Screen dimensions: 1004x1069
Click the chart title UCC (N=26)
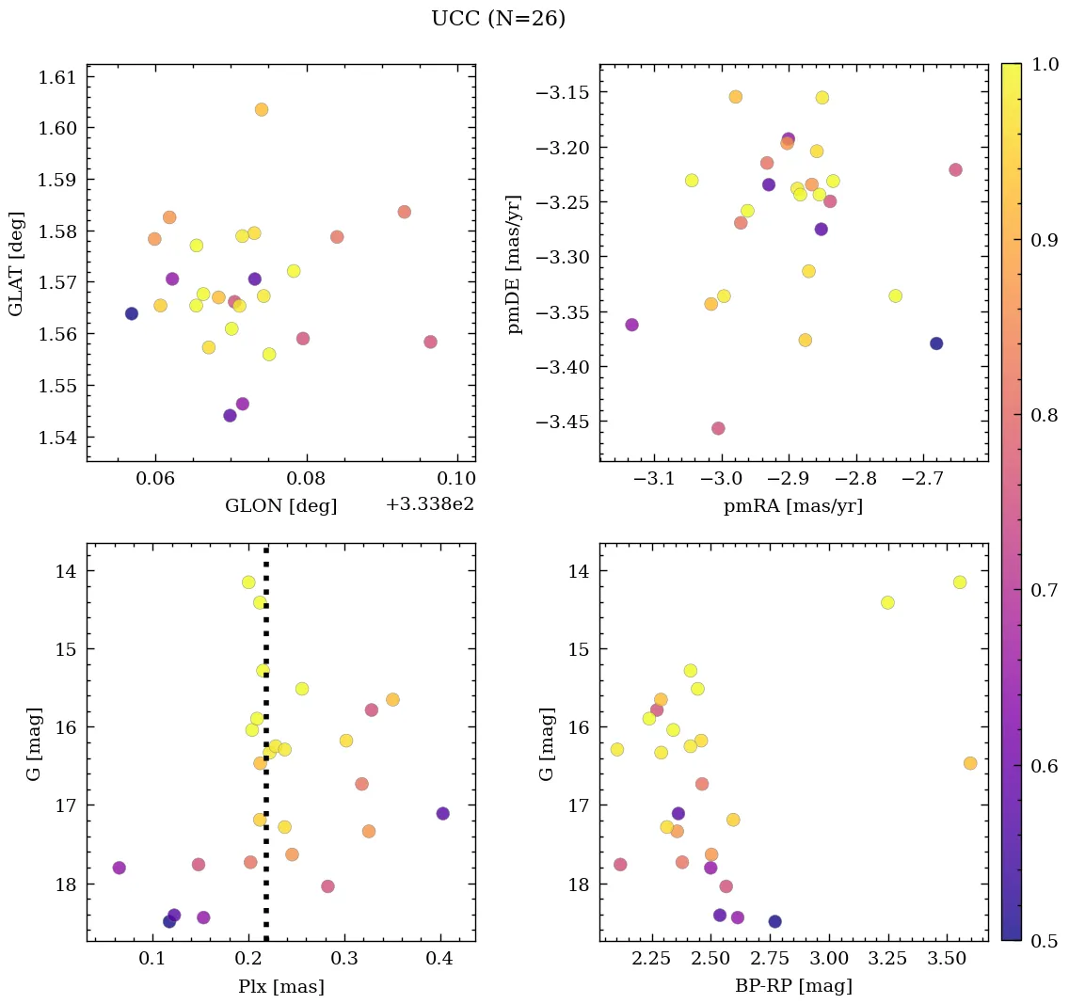(498, 19)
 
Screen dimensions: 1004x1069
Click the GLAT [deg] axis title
(16, 263)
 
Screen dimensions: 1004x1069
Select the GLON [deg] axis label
(280, 506)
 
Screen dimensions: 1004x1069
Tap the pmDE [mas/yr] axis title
(515, 263)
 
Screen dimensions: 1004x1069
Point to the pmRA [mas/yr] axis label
(792, 506)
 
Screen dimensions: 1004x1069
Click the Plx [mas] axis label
(280, 987)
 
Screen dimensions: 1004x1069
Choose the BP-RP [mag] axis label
(792, 987)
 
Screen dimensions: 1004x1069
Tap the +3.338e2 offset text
(429, 504)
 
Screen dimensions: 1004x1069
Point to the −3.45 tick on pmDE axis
(561, 421)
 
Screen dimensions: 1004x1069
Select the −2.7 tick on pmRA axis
(923, 481)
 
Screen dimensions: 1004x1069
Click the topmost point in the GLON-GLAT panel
(262, 109)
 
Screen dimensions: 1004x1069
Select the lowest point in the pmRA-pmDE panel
(718, 428)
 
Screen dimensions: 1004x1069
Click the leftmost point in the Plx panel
(119, 868)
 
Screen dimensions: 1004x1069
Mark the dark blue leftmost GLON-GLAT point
(132, 313)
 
